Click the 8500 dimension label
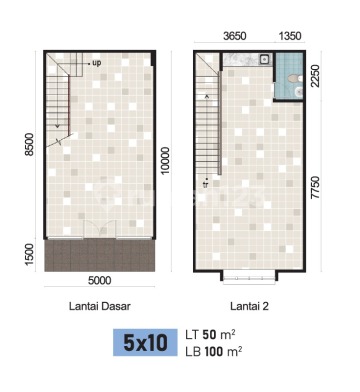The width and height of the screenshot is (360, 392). point(31,144)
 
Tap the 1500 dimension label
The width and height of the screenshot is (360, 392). point(30,254)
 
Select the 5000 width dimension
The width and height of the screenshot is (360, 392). point(99,280)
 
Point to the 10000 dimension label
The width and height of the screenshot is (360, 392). point(165,160)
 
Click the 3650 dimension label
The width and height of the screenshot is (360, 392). point(235,36)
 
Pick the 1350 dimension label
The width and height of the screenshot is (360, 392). point(290,36)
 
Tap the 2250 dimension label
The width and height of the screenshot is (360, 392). point(315,76)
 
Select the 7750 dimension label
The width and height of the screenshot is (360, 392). point(315,188)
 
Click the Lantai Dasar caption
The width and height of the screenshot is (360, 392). point(100,306)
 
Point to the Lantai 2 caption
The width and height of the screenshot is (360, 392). point(249,306)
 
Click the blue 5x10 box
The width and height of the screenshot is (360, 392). point(145,342)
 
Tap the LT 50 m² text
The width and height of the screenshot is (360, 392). point(211,334)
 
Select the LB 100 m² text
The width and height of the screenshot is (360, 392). point(214,351)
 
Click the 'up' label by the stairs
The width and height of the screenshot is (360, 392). point(96,63)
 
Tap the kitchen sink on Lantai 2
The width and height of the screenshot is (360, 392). point(265,59)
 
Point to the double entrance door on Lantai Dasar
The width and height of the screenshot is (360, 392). point(100,229)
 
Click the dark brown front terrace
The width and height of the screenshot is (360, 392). point(100,255)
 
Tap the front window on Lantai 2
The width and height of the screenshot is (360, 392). point(249,279)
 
